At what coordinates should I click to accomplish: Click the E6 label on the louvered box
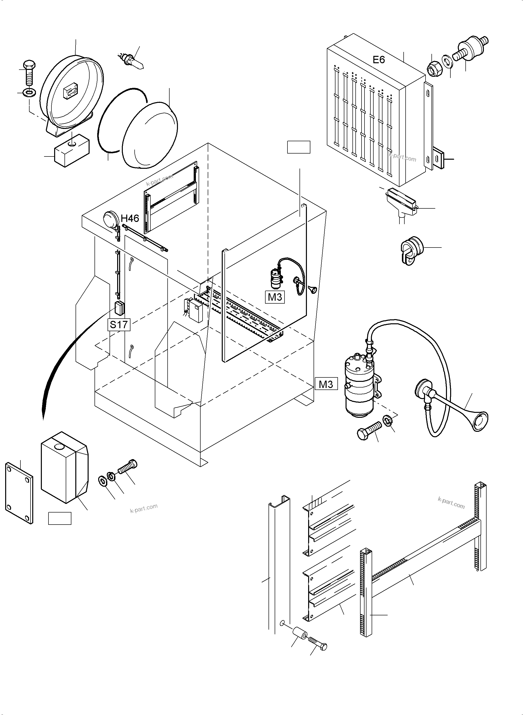coord(379,60)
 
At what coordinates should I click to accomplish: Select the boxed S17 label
coord(119,325)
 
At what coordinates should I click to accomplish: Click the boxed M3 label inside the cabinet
coord(275,297)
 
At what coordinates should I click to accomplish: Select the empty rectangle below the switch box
coord(60,518)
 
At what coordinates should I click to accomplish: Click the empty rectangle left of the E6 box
coord(298,147)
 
